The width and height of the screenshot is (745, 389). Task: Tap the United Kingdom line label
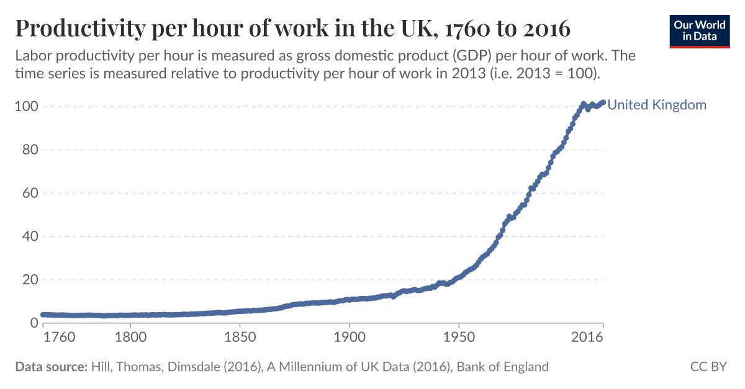tap(657, 105)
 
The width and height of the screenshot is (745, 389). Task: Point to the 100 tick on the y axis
tap(27, 107)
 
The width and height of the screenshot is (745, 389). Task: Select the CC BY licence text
tap(708, 367)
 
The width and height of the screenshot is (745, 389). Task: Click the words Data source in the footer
tap(50, 367)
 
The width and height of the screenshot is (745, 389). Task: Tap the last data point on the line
tap(602, 102)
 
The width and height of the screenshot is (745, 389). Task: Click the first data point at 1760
tap(43, 315)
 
